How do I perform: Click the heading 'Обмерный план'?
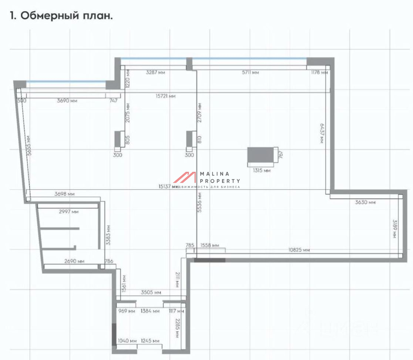tap(61, 16)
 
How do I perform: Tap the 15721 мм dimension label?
tap(165, 96)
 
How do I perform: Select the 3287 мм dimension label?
tap(155, 73)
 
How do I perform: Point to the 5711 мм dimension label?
tap(251, 73)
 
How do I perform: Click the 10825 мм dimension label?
tap(299, 250)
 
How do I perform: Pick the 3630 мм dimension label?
tap(365, 202)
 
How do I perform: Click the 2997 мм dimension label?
tap(69, 211)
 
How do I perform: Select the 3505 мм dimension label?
tap(151, 293)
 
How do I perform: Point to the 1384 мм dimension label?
tap(150, 311)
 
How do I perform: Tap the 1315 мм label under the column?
tap(261, 171)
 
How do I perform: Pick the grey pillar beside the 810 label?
tap(191, 139)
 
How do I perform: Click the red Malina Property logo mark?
tap(185, 177)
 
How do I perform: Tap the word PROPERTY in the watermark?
tap(220, 181)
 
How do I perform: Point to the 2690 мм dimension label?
tap(74, 261)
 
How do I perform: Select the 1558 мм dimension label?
tap(209, 246)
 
